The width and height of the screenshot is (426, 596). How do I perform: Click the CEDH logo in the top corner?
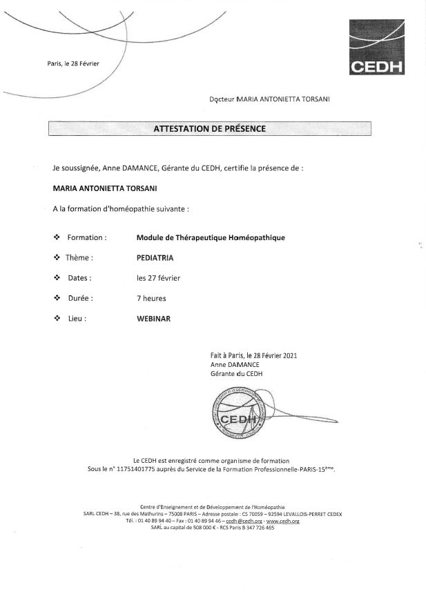pyautogui.click(x=376, y=47)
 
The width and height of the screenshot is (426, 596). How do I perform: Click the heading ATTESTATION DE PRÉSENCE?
pyautogui.click(x=209, y=128)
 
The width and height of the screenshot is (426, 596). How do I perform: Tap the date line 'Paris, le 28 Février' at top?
pyautogui.click(x=73, y=63)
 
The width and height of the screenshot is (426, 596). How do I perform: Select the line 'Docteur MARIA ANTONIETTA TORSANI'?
pyautogui.click(x=269, y=99)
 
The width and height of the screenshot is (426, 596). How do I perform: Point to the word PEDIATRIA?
pyautogui.click(x=155, y=257)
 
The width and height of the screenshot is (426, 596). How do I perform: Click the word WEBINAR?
pyautogui.click(x=153, y=319)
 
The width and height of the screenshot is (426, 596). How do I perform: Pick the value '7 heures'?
pyautogui.click(x=151, y=299)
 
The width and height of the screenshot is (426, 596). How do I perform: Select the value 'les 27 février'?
pyautogui.click(x=159, y=278)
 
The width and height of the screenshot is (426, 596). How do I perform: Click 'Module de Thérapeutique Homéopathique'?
pyautogui.click(x=211, y=237)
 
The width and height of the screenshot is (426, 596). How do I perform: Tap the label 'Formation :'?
pyautogui.click(x=87, y=237)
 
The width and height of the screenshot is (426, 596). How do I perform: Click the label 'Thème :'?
pyautogui.click(x=79, y=258)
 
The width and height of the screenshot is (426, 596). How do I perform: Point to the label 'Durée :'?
pyautogui.click(x=80, y=299)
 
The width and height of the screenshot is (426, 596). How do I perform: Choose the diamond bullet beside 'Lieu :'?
pyautogui.click(x=57, y=319)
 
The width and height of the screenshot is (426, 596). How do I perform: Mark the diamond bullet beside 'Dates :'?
pyautogui.click(x=57, y=278)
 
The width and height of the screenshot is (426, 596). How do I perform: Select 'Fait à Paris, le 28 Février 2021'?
pyautogui.click(x=253, y=355)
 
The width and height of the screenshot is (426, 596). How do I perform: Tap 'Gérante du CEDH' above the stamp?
pyautogui.click(x=236, y=373)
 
